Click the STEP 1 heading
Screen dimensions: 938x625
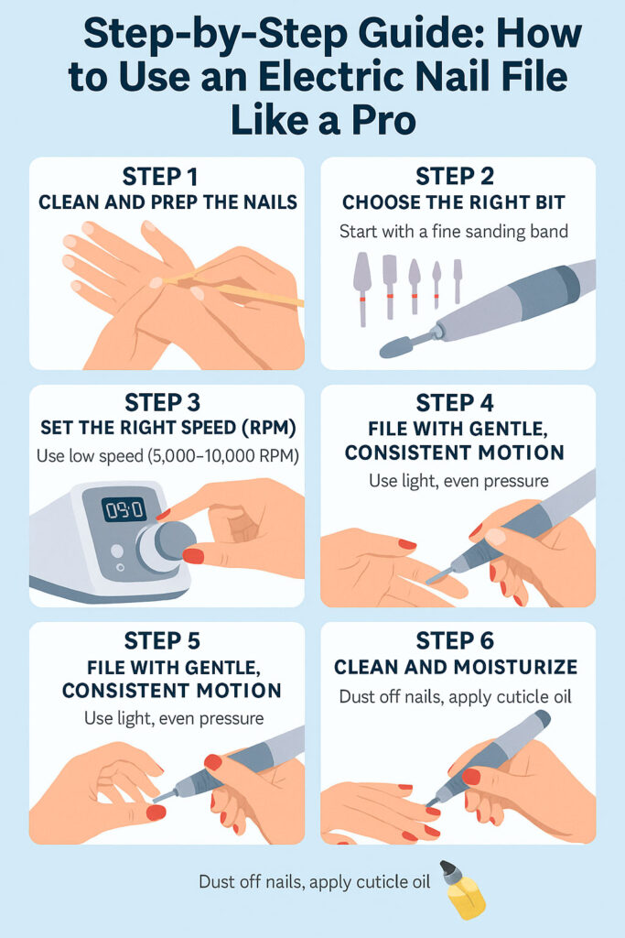167,177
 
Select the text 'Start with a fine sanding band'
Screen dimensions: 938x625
453,232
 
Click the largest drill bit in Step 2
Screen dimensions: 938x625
362,278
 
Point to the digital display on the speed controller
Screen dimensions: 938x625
124,508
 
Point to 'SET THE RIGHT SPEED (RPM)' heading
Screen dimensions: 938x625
167,429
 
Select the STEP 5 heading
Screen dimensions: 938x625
167,640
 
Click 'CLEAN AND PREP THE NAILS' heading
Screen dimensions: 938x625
167,202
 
